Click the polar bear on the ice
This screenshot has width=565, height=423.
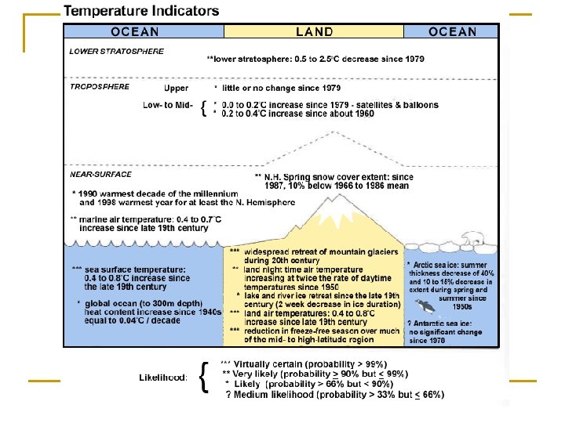[x=473, y=240]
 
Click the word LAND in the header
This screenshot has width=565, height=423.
[x=314, y=32]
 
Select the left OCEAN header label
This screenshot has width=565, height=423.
[x=135, y=32]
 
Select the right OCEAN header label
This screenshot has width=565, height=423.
[x=452, y=32]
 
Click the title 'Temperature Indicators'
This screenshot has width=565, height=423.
[x=141, y=12]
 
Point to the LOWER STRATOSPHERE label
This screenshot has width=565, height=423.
[x=117, y=52]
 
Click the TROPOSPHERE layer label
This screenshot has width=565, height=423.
[x=100, y=87]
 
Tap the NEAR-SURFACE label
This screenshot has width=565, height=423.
[x=101, y=174]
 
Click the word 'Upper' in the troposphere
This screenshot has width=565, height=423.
[x=176, y=89]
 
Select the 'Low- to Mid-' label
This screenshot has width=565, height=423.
[x=167, y=104]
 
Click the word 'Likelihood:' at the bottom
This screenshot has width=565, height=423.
[x=163, y=378]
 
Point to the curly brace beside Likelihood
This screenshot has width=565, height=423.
[x=204, y=378]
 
